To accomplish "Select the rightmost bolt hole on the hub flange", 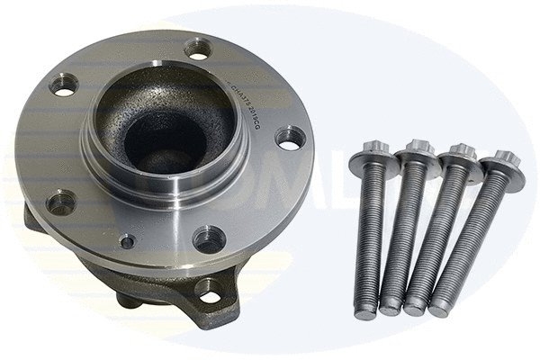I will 289,138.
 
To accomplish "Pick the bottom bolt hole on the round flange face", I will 208,238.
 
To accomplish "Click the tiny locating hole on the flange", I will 128,241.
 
